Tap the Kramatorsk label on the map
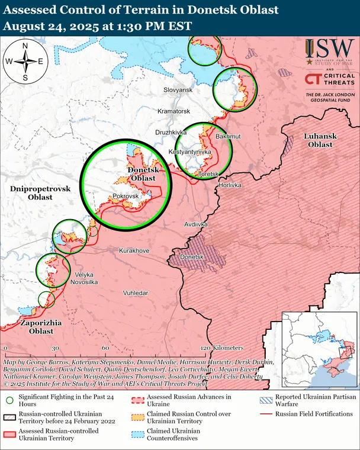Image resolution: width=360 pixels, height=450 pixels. (x=173, y=111)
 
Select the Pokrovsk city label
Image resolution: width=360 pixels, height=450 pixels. (x=126, y=196)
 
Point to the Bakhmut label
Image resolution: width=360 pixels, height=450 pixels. (x=229, y=137)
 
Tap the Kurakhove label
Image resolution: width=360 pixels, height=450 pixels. (x=134, y=251)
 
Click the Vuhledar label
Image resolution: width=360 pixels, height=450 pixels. (x=136, y=293)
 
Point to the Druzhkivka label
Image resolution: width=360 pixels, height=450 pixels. (x=171, y=132)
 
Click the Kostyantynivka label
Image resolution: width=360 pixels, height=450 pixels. (x=190, y=152)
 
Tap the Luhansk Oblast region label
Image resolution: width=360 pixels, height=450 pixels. (x=320, y=140)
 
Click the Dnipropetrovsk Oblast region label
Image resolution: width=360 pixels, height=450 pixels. (x=40, y=192)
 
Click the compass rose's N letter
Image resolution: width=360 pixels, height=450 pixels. (x=25, y=46)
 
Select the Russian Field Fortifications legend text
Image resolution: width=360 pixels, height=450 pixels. (x=314, y=414)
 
